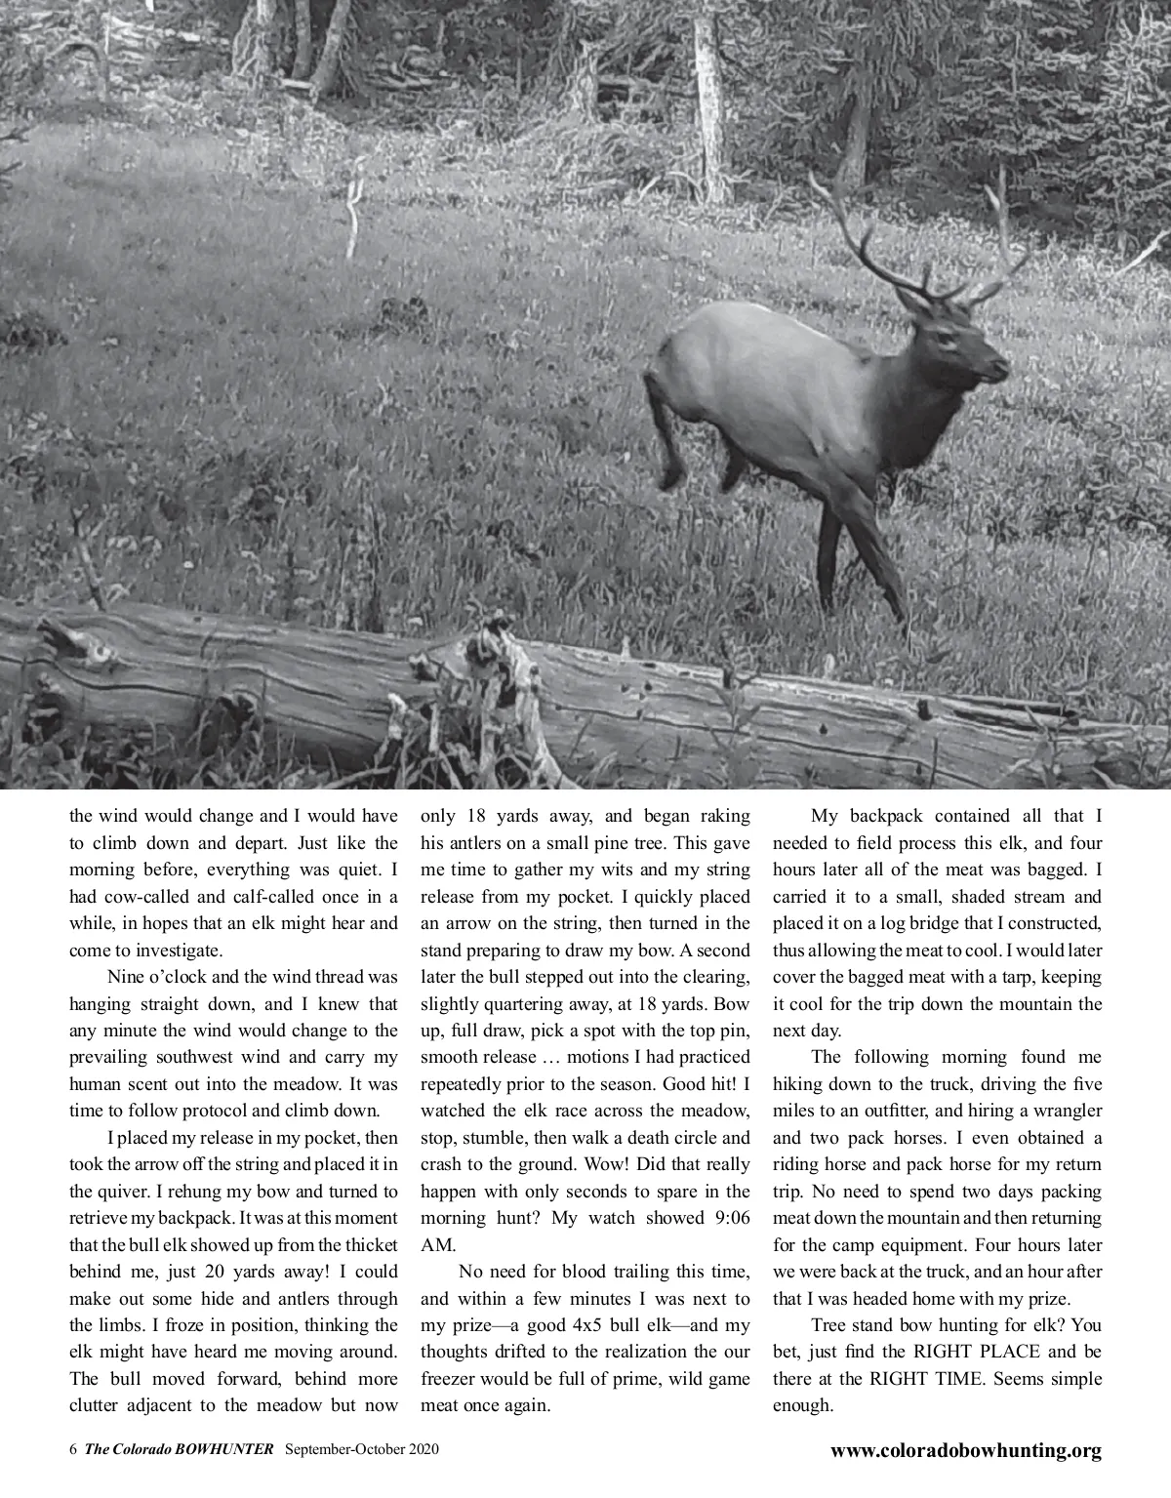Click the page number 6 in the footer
pos(73,1449)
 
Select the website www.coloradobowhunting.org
pos(965,1450)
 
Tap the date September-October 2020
pos(362,1449)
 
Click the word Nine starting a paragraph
pos(128,977)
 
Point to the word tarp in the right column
pos(998,977)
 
